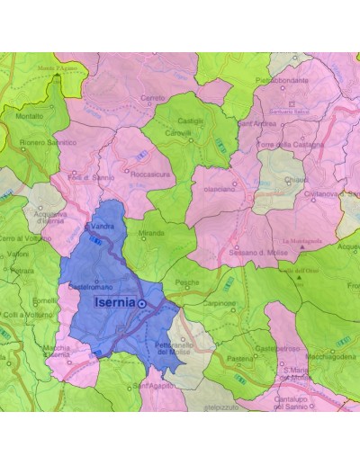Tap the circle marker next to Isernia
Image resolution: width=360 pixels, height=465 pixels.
pyautogui.click(x=141, y=305)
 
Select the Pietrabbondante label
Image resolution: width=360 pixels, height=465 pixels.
pyautogui.click(x=287, y=79)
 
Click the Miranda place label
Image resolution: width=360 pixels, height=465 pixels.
pyautogui.click(x=152, y=233)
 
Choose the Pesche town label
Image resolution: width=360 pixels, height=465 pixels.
pyautogui.click(x=187, y=282)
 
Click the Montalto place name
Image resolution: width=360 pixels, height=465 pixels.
pyautogui.click(x=29, y=116)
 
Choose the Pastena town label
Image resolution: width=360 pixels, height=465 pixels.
pyautogui.click(x=240, y=358)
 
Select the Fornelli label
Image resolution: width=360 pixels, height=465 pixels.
pyautogui.click(x=44, y=300)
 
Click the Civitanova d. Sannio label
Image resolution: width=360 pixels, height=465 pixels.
pyautogui.click(x=331, y=192)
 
